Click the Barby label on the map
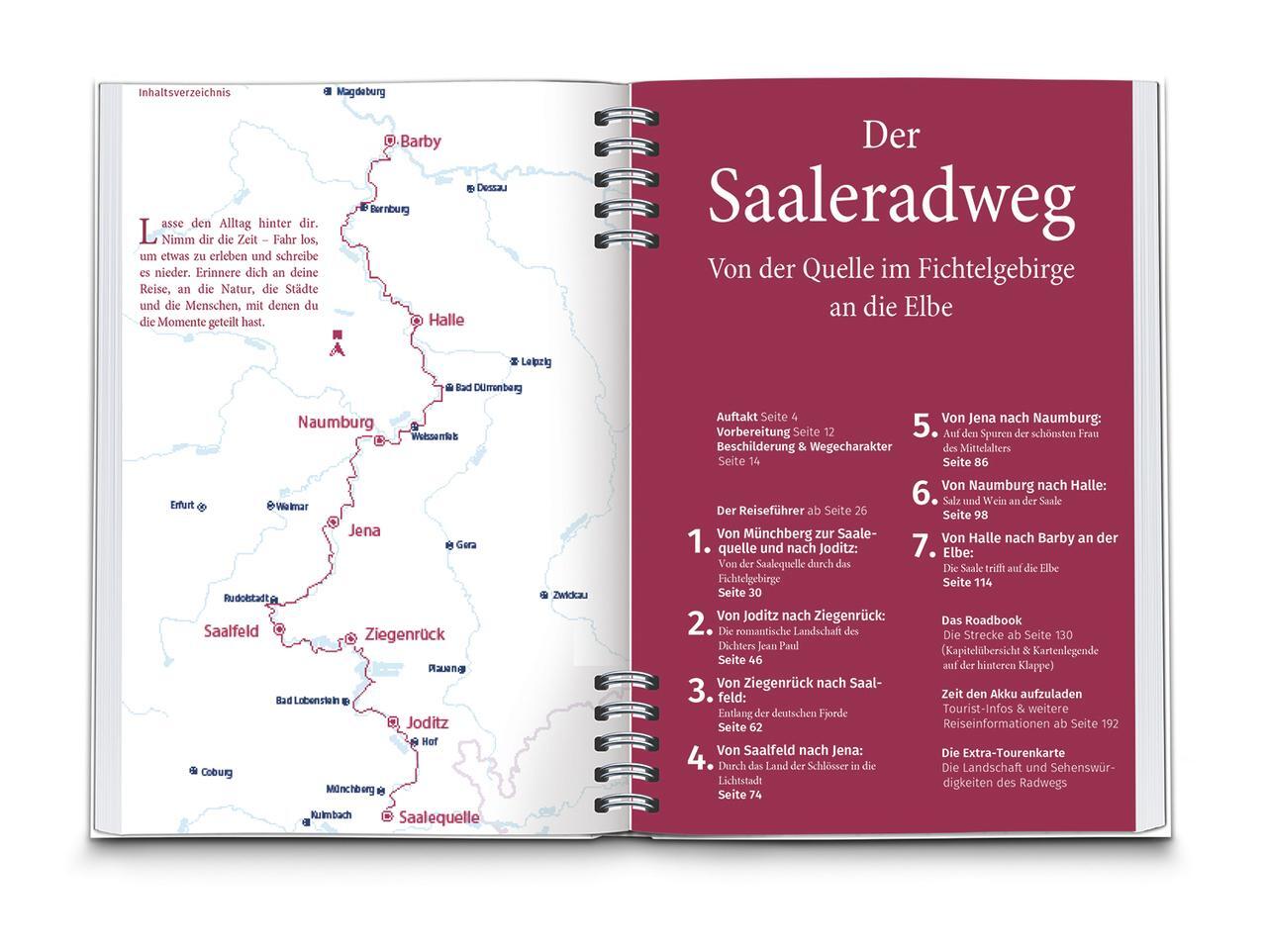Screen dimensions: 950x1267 click(x=420, y=142)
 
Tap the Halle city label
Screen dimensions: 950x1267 click(x=445, y=321)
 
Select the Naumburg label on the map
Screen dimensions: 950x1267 click(x=336, y=423)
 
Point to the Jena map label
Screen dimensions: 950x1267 click(x=364, y=530)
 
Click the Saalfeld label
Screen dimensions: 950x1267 click(x=231, y=631)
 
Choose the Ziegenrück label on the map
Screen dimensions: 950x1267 click(x=404, y=634)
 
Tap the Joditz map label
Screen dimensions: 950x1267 click(x=427, y=723)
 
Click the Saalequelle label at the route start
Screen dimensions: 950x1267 click(x=439, y=817)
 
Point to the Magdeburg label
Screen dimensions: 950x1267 click(x=360, y=92)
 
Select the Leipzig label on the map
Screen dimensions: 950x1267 click(x=536, y=362)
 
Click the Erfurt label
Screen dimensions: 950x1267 click(x=182, y=506)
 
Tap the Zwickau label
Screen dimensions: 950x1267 click(x=570, y=595)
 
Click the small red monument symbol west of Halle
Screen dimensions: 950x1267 click(x=339, y=342)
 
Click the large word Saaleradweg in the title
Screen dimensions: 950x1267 click(x=891, y=197)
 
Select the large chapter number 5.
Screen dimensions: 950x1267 click(x=924, y=427)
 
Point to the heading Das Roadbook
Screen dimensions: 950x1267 click(x=981, y=620)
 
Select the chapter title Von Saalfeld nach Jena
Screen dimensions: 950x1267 click(x=789, y=750)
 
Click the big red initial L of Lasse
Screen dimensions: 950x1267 click(x=147, y=232)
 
